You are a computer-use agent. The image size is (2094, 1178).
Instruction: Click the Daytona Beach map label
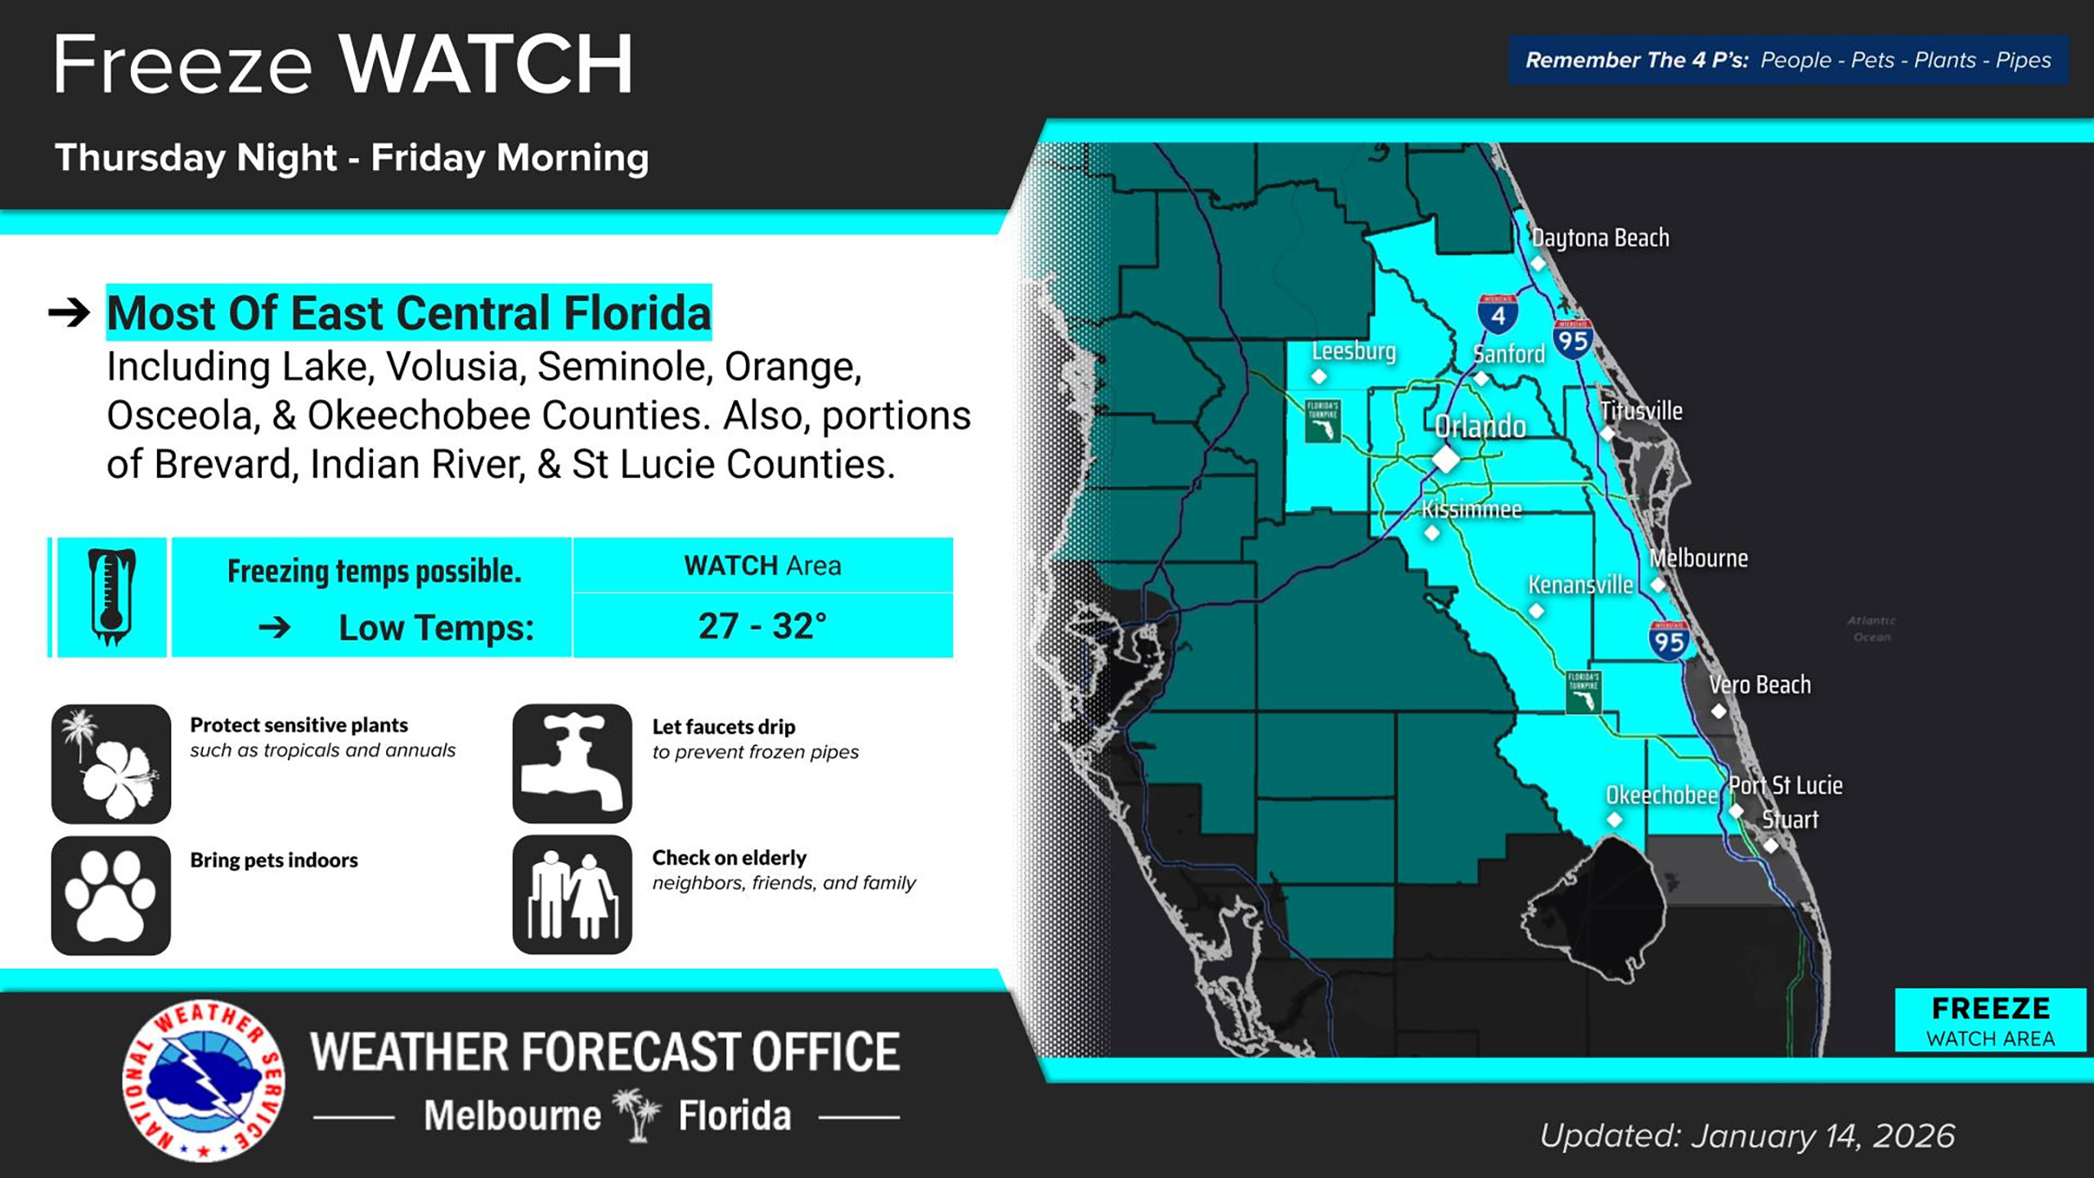[x=1600, y=238]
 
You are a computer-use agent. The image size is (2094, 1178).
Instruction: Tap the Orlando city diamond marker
[x=1445, y=459]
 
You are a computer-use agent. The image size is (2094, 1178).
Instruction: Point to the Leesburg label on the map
[x=1354, y=351]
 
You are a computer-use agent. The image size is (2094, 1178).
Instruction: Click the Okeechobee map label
[x=1661, y=795]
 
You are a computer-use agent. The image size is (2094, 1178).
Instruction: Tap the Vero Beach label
[x=1759, y=685]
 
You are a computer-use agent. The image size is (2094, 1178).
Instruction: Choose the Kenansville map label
[x=1580, y=585]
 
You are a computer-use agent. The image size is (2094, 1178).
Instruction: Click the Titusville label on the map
[x=1642, y=411]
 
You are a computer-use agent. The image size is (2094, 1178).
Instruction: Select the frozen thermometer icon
[x=111, y=597]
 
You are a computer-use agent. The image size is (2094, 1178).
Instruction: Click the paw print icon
[x=111, y=895]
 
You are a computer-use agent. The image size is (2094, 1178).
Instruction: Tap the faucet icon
[x=572, y=763]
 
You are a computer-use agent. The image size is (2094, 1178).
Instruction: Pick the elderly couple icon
[x=572, y=894]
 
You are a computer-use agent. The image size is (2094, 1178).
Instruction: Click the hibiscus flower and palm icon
[x=111, y=763]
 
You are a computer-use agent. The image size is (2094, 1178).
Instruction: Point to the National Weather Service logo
[x=204, y=1080]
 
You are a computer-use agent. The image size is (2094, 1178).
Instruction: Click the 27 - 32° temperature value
[x=762, y=626]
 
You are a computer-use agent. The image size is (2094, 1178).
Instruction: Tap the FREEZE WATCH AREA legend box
[x=1990, y=1020]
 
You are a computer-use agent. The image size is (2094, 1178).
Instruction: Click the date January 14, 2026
[x=1822, y=1135]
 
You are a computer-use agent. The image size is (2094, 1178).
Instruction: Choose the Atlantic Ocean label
[x=1872, y=628]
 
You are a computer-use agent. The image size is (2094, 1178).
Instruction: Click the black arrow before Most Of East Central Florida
[x=69, y=312]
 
